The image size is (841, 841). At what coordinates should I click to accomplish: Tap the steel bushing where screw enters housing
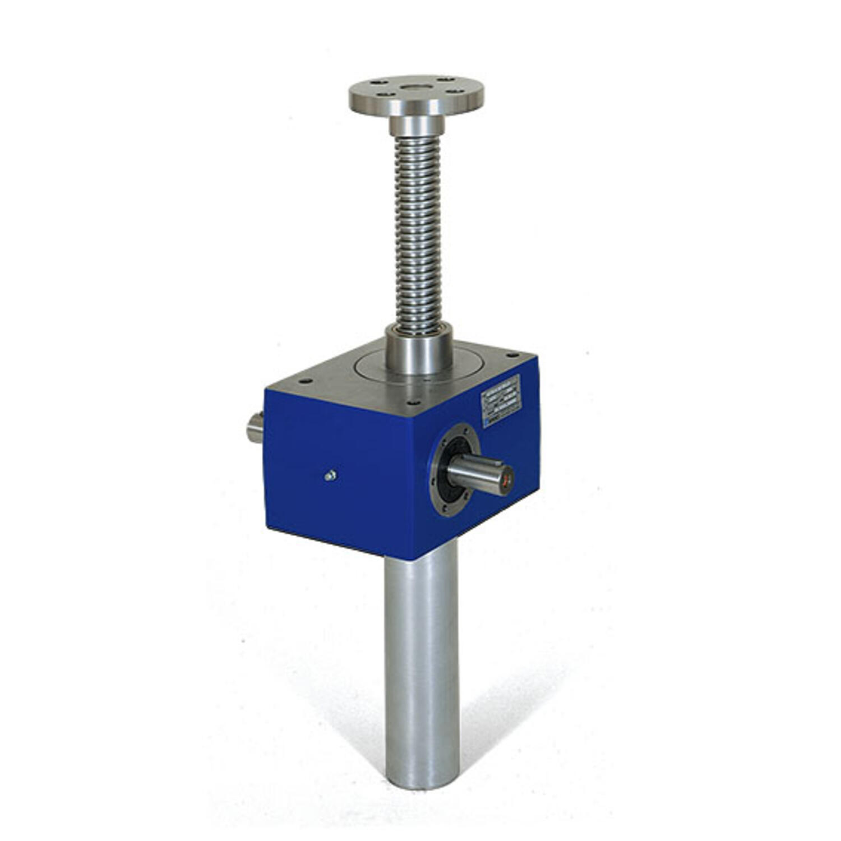[419, 352]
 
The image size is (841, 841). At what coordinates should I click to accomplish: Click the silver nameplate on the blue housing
[501, 401]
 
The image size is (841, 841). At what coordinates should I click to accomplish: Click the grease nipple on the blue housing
[330, 476]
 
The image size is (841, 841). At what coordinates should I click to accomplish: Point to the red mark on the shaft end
[509, 480]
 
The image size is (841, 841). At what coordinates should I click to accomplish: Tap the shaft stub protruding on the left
[255, 428]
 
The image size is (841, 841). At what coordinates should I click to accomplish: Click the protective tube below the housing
[422, 662]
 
